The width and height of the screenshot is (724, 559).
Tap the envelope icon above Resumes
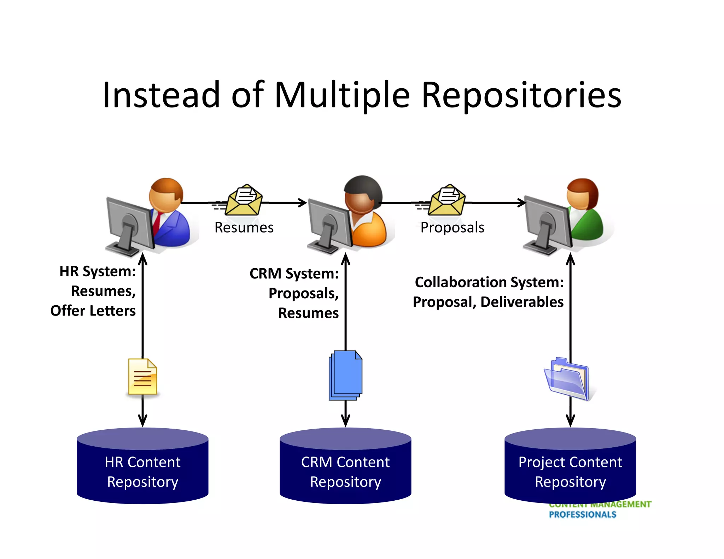click(x=243, y=200)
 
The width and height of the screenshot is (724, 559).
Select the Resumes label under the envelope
click(x=244, y=228)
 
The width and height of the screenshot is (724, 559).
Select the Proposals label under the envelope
click(x=452, y=228)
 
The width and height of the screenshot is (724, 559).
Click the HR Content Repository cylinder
click(x=142, y=466)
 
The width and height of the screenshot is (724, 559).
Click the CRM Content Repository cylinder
click(x=345, y=466)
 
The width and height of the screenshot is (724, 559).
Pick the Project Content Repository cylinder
click(x=570, y=466)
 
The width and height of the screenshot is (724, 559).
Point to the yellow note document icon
click(x=142, y=377)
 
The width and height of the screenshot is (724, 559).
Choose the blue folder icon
click(x=567, y=379)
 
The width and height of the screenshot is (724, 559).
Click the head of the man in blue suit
click(x=166, y=194)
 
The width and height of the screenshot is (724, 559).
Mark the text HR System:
click(x=98, y=271)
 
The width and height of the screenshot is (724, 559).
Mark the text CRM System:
click(x=294, y=273)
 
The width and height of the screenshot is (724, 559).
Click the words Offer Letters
click(x=93, y=311)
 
